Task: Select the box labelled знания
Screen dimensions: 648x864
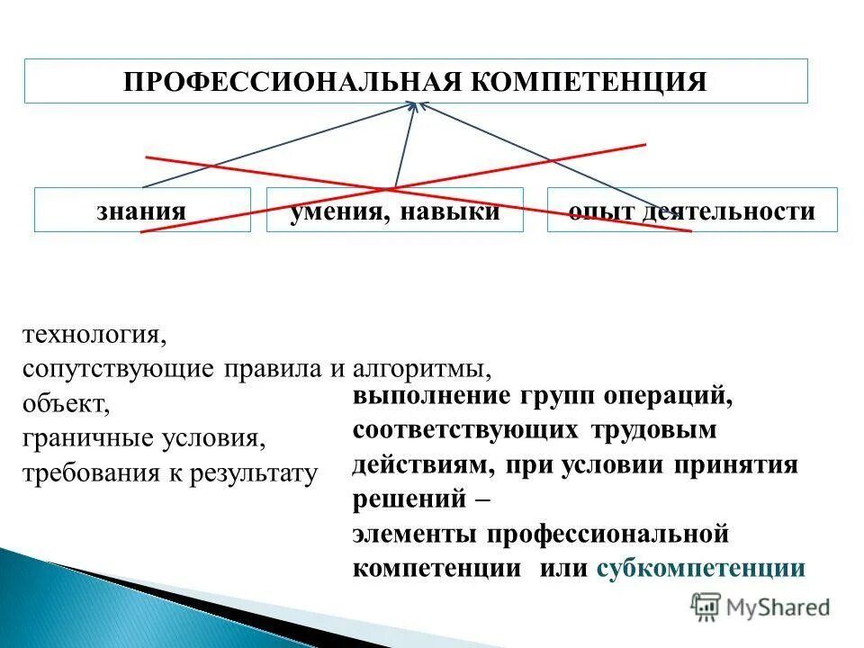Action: tap(142, 211)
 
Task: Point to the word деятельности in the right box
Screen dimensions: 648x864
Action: tap(728, 212)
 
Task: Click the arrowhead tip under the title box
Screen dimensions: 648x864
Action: tap(417, 103)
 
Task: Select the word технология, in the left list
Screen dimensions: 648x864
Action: tap(94, 336)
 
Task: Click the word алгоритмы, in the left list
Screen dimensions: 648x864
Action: tap(422, 369)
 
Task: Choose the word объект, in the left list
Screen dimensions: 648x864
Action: tap(67, 403)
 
